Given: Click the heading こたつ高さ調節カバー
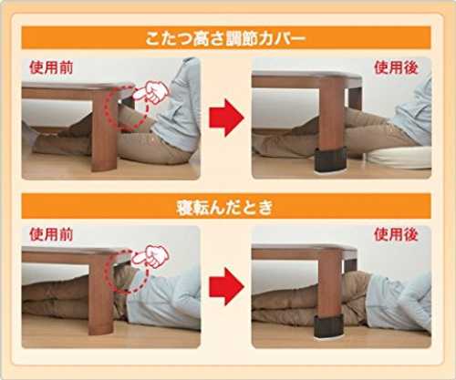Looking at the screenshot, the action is pos(225,38).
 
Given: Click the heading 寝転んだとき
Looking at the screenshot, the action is pos(224,207).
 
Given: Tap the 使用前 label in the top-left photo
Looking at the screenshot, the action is pos(51,67).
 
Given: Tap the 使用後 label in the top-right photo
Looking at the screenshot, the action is pos(396,67).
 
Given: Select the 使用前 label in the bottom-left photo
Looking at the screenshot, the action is pos(51,234).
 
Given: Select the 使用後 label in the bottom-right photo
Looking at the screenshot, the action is pos(396,234).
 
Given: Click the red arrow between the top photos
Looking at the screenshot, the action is pos(227,118).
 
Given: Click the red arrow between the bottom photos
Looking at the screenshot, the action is pos(227,286).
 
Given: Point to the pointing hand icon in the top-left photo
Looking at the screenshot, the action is pos(150,92).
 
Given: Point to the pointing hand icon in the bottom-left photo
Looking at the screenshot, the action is pos(150,257).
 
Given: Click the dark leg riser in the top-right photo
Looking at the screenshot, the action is pos(331,159).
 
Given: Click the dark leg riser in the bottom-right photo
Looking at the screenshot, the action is pos(328,326).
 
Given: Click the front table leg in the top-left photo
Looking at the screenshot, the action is pos(105,130).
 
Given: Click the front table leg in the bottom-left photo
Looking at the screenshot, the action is pos(100,294).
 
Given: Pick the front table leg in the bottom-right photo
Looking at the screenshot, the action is pos(329,284).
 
